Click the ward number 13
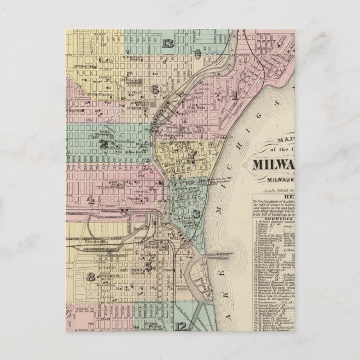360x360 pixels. pyautogui.click(x=168, y=44)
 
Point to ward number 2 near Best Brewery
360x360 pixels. pyautogui.click(x=103, y=143)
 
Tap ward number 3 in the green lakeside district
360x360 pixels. pyautogui.click(x=196, y=213)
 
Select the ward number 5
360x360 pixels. pyautogui.click(x=149, y=267)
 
